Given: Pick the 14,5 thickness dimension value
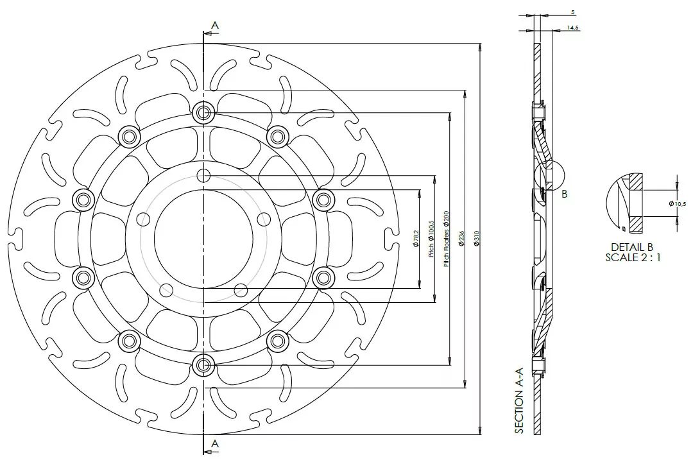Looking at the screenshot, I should tap(573, 28).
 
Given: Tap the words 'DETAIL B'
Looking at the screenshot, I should tap(632, 247).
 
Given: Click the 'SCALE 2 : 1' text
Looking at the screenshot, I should tap(632, 257).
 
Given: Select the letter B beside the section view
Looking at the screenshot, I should tap(564, 194).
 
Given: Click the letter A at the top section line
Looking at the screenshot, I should tap(215, 25).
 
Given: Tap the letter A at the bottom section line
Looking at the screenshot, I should tap(215, 443).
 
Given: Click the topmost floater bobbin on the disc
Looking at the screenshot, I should tap(204, 113).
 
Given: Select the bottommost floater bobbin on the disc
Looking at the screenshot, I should tap(204, 366).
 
